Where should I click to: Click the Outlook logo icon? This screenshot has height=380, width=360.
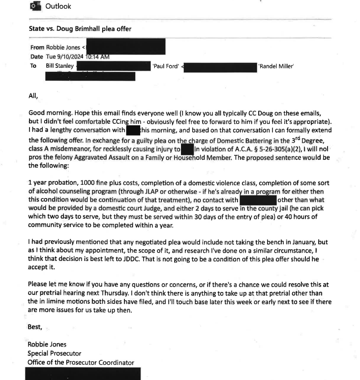[x=34, y=6]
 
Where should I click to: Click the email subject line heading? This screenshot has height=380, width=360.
[x=80, y=29]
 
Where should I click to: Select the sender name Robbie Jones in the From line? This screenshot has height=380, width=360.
[x=63, y=48]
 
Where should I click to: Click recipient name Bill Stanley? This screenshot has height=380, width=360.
[x=60, y=65]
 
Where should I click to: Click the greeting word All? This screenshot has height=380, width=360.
[x=33, y=96]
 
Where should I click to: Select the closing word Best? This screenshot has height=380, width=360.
[x=35, y=326]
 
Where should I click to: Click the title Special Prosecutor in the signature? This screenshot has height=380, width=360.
[x=54, y=353]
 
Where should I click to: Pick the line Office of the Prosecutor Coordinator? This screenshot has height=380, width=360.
[x=81, y=362]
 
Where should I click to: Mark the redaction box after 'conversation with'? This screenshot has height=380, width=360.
[x=134, y=130]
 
